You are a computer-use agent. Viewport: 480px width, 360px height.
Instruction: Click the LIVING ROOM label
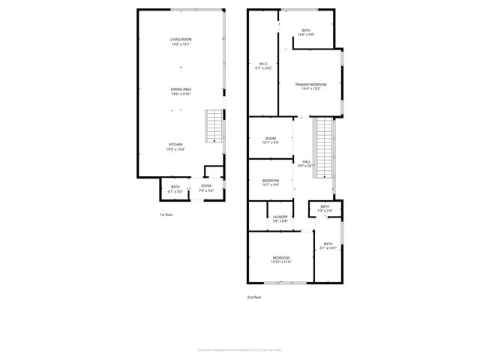181,41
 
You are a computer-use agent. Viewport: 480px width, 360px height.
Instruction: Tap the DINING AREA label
181,91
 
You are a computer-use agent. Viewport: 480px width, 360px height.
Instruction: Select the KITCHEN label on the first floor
175,147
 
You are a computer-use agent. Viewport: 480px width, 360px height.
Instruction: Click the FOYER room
205,187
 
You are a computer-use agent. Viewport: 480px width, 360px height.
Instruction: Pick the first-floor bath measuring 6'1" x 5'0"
175,189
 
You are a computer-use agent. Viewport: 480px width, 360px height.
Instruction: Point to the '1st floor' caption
166,215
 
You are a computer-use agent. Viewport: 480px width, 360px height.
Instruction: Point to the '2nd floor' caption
254,297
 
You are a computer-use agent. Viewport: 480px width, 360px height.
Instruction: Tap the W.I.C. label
264,66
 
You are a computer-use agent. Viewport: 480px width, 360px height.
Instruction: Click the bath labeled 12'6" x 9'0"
306,32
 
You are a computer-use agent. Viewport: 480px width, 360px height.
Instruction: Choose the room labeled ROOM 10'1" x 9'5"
270,140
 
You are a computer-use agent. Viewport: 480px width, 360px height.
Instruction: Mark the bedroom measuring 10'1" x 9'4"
271,182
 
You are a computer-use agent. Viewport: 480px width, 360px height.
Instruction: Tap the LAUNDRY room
280,219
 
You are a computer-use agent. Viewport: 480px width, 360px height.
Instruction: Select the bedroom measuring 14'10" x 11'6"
281,259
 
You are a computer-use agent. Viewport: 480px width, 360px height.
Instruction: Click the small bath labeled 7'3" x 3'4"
325,208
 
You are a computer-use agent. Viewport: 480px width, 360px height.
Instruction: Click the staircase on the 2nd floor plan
322,148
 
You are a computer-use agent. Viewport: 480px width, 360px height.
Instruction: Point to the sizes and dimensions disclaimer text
240,349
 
